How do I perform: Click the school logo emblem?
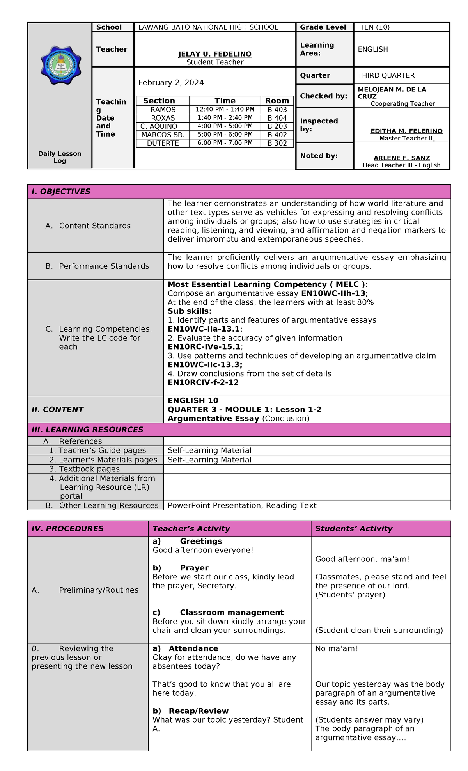(x=61, y=65)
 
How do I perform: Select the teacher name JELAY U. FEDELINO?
(x=215, y=54)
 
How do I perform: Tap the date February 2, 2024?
(x=171, y=83)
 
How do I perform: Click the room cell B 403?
(x=277, y=110)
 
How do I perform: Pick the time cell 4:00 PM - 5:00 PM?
(x=225, y=126)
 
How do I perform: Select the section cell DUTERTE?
(x=163, y=143)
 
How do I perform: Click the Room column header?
(x=277, y=101)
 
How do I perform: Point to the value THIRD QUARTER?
(x=386, y=75)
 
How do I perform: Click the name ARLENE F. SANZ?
(x=402, y=158)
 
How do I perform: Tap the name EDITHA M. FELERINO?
(x=406, y=131)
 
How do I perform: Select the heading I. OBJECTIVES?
(x=61, y=192)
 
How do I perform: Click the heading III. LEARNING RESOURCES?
(x=87, y=430)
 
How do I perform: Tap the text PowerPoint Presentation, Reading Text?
(x=242, y=506)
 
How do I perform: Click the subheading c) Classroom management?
(x=218, y=613)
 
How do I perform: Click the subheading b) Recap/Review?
(x=190, y=711)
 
